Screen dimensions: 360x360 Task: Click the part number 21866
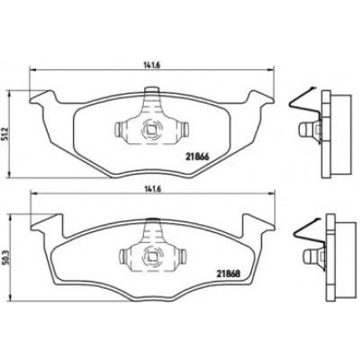tap(197, 156)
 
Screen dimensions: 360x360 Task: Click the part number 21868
tap(229, 274)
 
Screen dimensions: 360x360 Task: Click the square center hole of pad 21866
tap(150, 130)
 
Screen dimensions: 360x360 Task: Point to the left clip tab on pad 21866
tap(118, 130)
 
